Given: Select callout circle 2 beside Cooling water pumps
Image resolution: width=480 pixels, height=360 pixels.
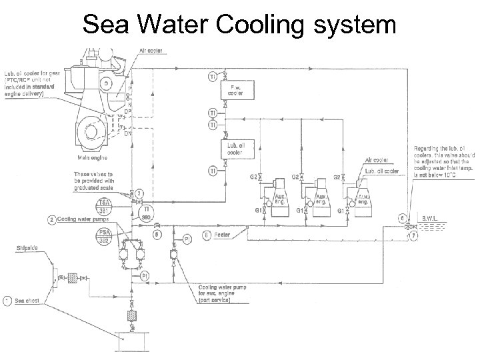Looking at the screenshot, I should (52, 219).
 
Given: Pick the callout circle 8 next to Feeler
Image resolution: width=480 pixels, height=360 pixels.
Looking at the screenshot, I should (207, 234).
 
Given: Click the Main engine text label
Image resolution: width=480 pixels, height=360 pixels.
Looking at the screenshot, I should (92, 158).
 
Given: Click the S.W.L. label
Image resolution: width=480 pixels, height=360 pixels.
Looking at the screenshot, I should (428, 218).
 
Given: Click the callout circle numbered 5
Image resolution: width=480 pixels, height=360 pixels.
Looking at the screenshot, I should (156, 234).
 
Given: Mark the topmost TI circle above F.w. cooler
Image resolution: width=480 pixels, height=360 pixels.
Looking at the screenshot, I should (212, 77).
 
